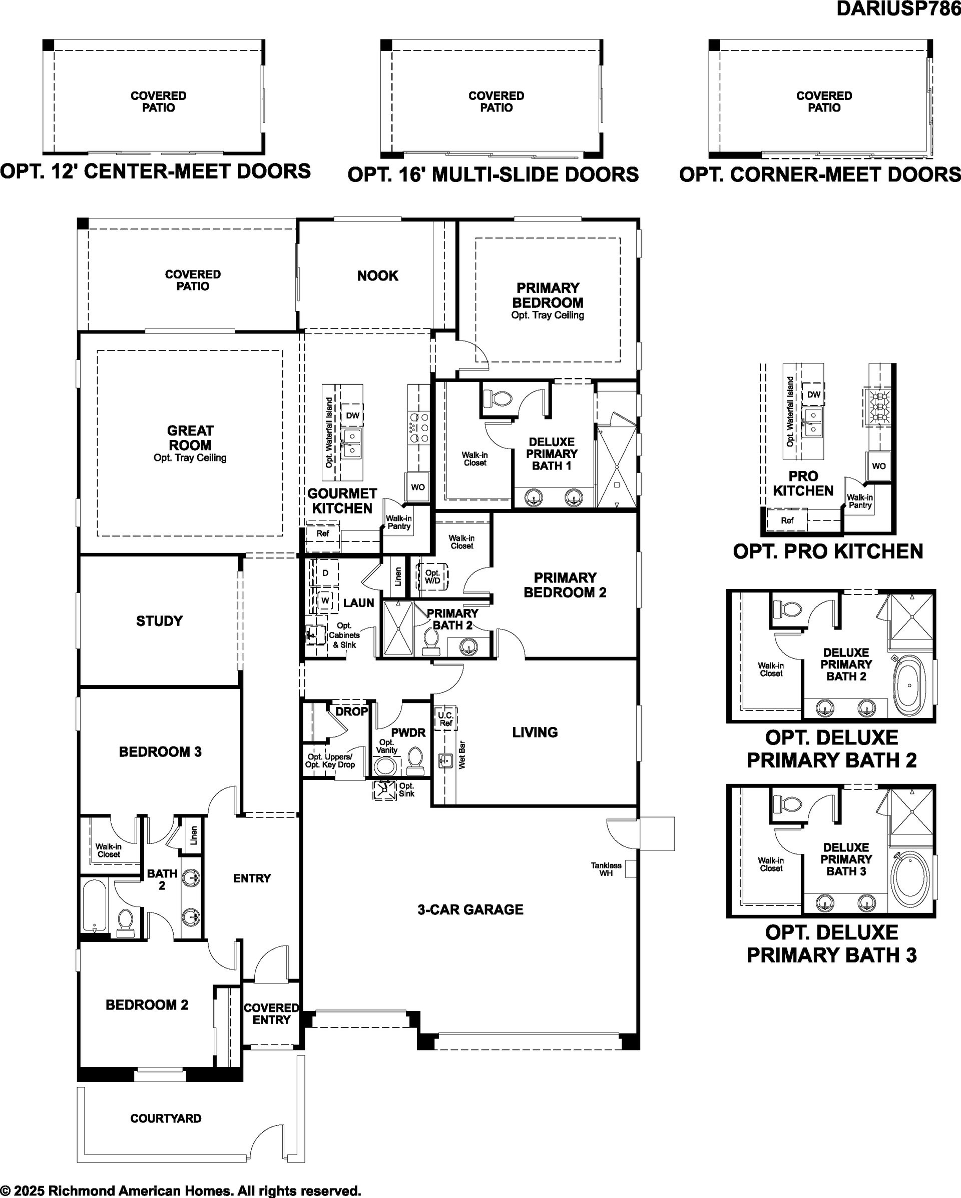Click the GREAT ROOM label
tap(190, 438)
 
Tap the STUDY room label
tap(160, 620)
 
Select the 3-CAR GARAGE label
tap(470, 909)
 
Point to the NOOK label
tap(377, 275)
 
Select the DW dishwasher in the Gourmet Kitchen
tap(352, 415)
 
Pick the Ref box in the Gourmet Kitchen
tap(322, 533)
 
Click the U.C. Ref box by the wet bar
tap(446, 719)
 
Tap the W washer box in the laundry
tap(325, 600)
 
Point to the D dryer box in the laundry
tap(325, 573)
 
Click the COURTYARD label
tap(166, 1118)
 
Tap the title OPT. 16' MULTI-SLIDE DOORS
tap(494, 174)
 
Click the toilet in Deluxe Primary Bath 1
tap(497, 398)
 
